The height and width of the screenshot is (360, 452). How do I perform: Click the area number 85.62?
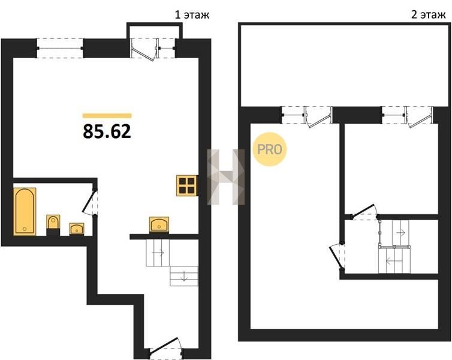point(107,131)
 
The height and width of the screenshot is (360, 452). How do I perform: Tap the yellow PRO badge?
point(270,149)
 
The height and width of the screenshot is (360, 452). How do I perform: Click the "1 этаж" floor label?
point(192,15)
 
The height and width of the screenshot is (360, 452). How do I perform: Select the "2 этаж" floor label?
point(428,15)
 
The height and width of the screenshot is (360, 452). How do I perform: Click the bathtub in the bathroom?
point(25,211)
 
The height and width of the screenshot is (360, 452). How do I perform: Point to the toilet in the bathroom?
point(53,225)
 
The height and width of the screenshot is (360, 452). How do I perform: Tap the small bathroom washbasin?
point(77,229)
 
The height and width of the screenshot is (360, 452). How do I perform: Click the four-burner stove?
point(187,185)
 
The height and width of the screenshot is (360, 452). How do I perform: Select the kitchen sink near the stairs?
point(159,224)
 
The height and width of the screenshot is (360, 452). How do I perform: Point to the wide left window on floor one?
point(61,48)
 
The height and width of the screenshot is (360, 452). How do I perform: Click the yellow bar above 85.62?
point(107,116)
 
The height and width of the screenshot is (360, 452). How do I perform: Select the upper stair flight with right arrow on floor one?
point(158,253)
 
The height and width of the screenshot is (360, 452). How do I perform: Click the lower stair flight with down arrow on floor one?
point(184,276)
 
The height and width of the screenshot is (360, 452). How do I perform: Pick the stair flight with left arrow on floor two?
point(394,260)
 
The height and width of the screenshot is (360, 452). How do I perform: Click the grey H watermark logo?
point(226,177)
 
